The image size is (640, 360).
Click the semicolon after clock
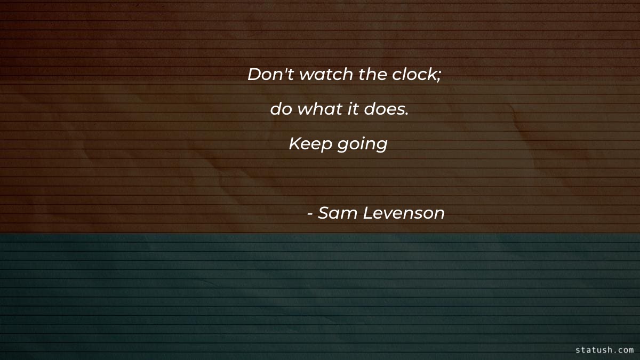[x=439, y=76]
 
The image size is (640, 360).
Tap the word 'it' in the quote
[x=353, y=109]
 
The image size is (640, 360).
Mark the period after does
[x=407, y=114]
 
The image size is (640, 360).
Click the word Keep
[x=310, y=144]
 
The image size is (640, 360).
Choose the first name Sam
[x=337, y=213]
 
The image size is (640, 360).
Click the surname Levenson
[x=403, y=213]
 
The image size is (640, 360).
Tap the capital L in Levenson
[x=367, y=213]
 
